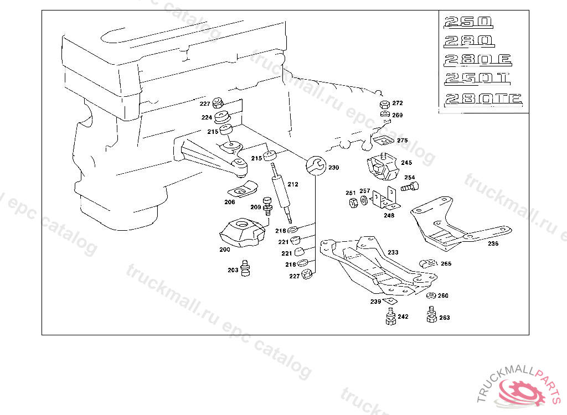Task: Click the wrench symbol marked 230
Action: click(315, 165)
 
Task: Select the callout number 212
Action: click(293, 184)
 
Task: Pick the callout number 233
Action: click(393, 252)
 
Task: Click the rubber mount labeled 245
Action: click(382, 167)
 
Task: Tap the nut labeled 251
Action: click(352, 201)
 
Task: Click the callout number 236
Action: click(493, 243)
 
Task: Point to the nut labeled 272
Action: click(384, 105)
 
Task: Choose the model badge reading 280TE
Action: click(483, 100)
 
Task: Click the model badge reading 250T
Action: click(477, 79)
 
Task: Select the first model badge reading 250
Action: click(468, 23)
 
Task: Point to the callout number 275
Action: click(402, 141)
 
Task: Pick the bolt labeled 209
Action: click(268, 205)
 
